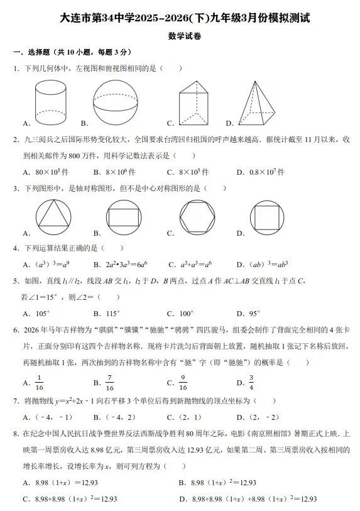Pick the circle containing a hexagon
pos(197,217)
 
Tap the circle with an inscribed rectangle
pos(124,217)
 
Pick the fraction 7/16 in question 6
pos(109,382)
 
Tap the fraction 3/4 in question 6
pos(251,382)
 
